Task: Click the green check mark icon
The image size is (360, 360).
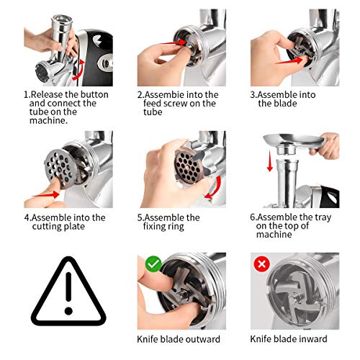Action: [x=153, y=264]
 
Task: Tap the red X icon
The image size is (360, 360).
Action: [x=261, y=264]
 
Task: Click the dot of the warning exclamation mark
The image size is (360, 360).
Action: [x=68, y=311]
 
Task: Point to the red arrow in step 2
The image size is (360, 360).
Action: [x=175, y=42]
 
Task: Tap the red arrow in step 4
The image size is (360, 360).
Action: [x=45, y=194]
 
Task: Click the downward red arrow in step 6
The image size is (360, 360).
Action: [x=270, y=161]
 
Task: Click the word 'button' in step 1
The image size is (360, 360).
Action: [x=94, y=94]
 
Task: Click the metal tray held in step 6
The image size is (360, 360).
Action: [x=294, y=142]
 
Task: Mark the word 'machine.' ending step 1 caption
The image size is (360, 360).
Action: [x=48, y=120]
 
